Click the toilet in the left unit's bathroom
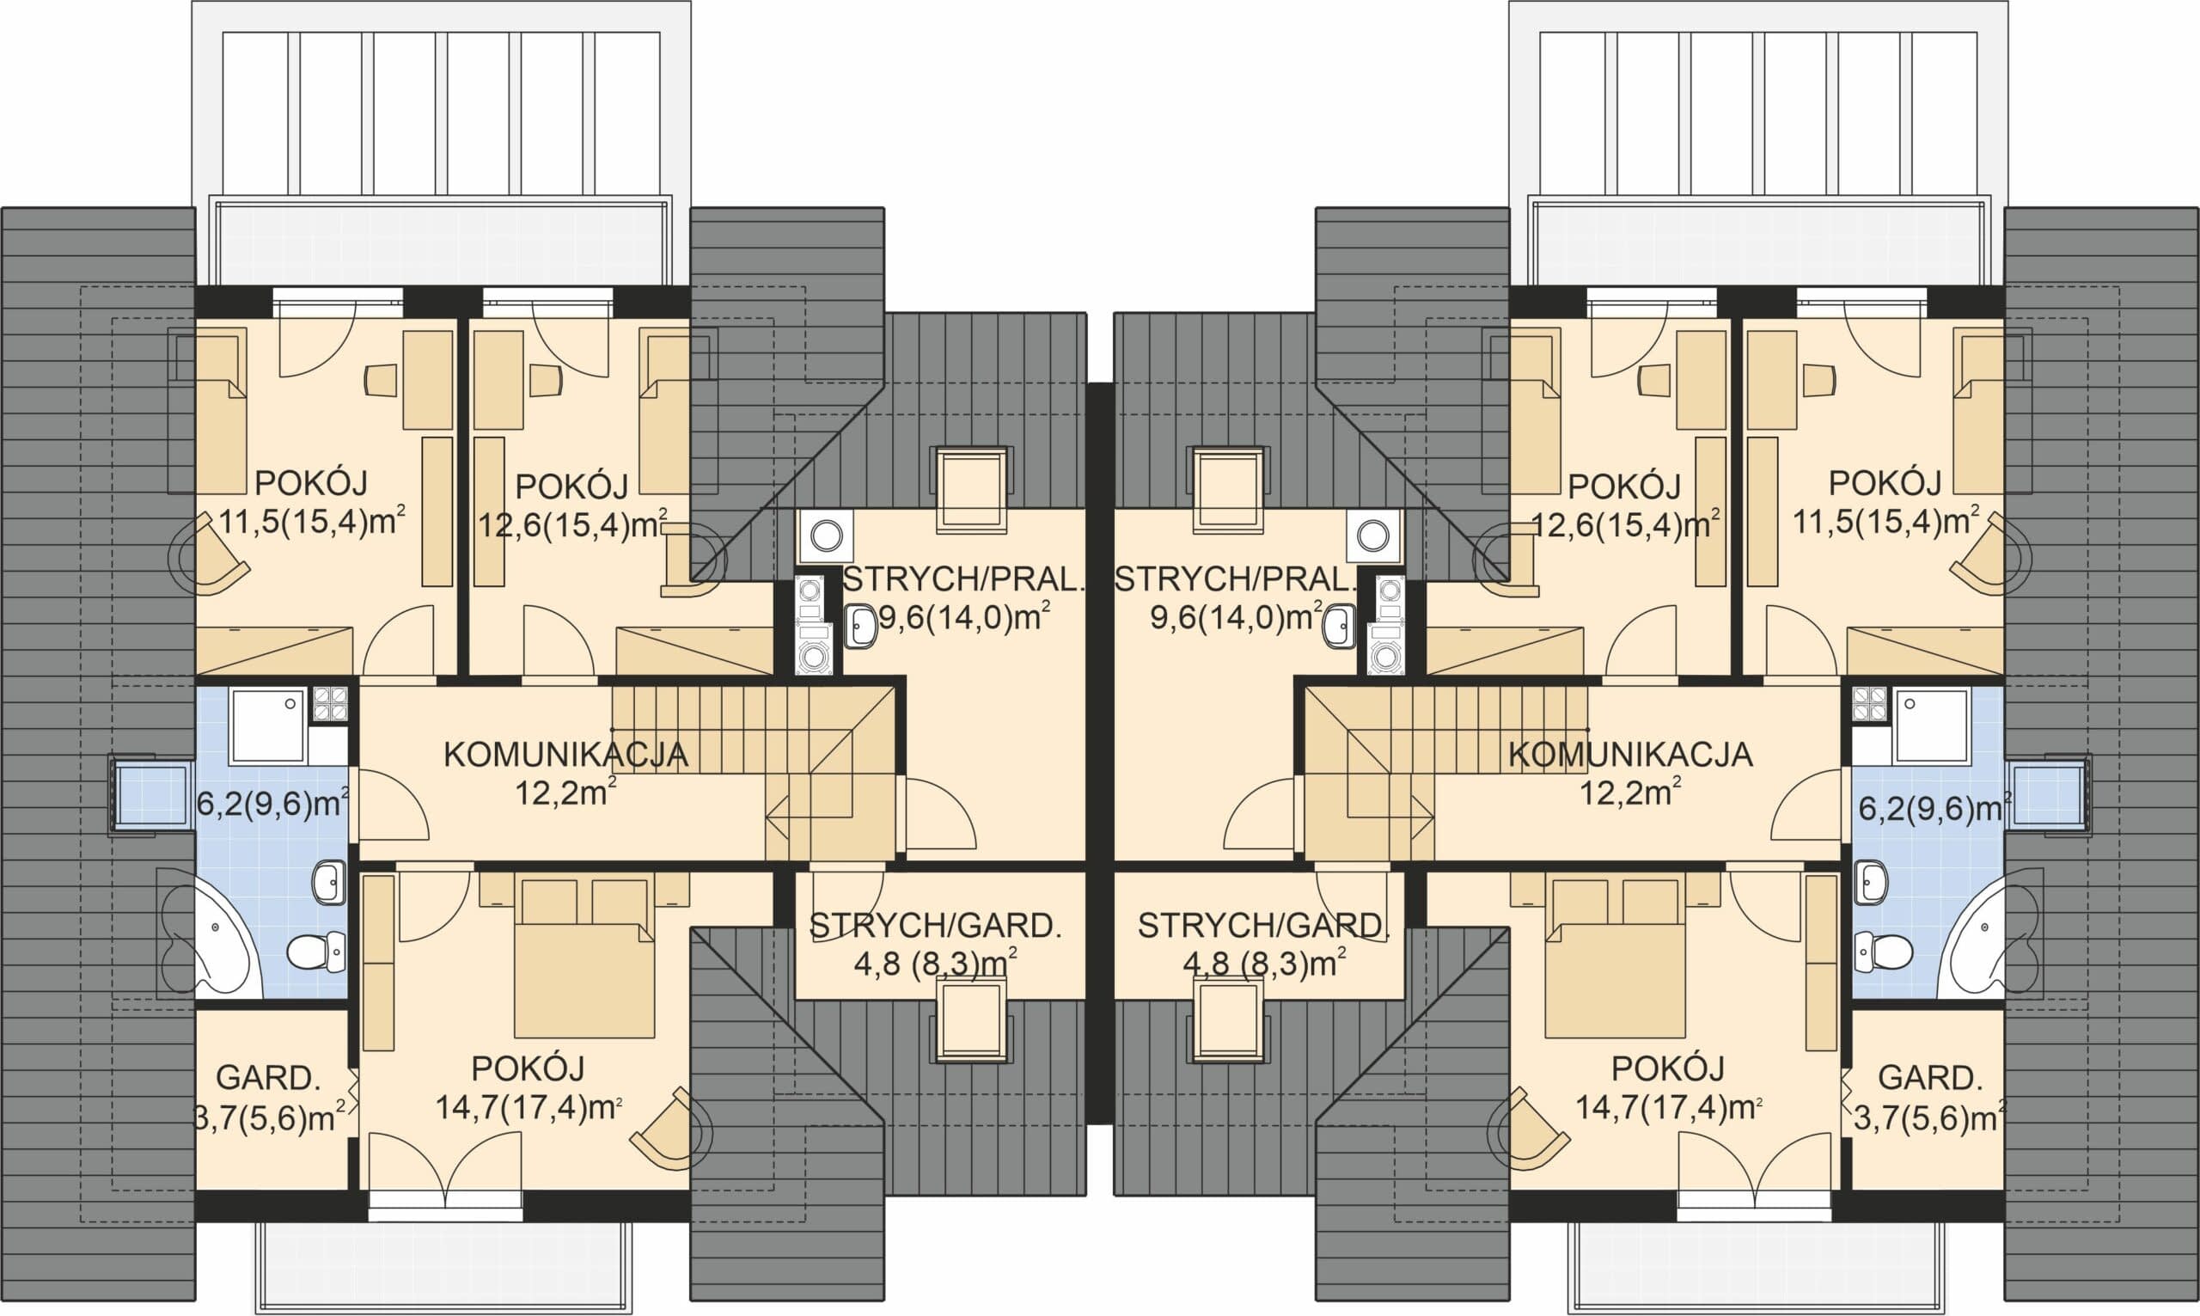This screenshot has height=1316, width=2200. pos(316,950)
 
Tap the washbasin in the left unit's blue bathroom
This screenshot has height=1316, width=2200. pos(329,884)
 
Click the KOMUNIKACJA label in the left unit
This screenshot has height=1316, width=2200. pos(565,755)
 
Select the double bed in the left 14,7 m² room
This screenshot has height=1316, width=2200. pos(584,956)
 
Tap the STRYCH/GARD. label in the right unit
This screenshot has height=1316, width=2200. pos(1263,926)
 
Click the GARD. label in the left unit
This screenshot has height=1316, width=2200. pos(267,1079)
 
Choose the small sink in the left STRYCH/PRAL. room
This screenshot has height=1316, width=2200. pos(859,626)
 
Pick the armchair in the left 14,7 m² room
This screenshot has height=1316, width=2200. pos(671,1127)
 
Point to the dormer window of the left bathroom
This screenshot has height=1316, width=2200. pos(151,794)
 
